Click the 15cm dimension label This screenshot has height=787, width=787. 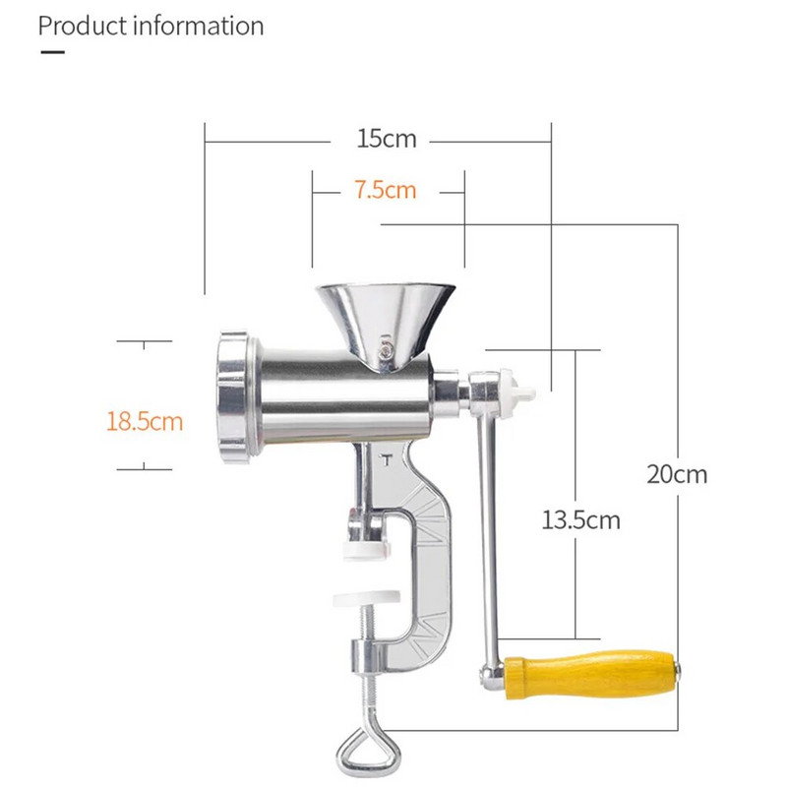pos(387,139)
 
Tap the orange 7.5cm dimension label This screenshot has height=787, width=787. pos(386,190)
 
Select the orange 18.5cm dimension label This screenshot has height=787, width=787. pos(145,421)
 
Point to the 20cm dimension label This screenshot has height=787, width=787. pos(677,474)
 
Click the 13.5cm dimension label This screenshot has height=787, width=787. pos(580,520)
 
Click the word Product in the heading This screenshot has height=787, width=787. pos(83,26)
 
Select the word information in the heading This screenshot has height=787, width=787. pos(199,26)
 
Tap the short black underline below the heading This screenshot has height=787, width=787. pos(53,52)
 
